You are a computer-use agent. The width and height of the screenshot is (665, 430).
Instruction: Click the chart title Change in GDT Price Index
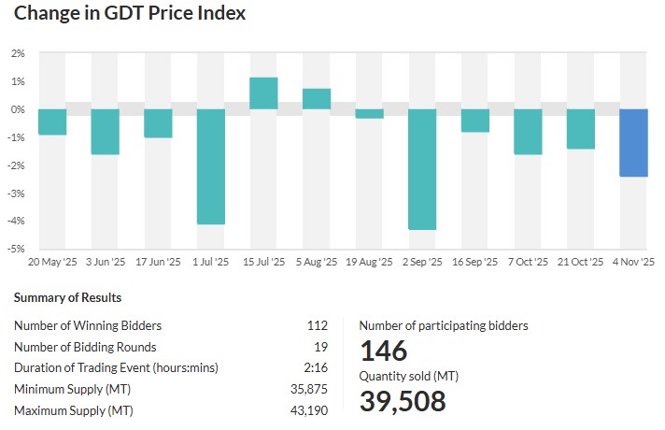click(130, 14)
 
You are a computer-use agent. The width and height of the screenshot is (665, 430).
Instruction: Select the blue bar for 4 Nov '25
click(634, 143)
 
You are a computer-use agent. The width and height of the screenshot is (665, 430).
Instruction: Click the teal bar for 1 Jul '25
click(211, 166)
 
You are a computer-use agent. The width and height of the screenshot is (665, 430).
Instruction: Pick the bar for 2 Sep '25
click(422, 169)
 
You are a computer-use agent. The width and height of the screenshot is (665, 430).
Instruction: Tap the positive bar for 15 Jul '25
click(263, 93)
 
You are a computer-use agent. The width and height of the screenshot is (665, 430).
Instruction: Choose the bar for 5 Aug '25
click(317, 99)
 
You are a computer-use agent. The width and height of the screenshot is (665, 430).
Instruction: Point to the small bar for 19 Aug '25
click(369, 114)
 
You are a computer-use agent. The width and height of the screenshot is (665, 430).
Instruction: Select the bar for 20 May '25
click(52, 122)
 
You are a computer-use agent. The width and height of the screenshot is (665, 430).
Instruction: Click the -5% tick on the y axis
click(17, 249)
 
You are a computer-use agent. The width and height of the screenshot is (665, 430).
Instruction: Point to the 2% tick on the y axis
click(18, 53)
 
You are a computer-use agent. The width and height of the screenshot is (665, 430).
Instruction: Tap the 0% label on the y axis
click(18, 109)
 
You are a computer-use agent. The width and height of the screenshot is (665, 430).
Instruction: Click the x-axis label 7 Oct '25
click(528, 264)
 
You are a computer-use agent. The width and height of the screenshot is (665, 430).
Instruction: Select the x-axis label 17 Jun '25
click(158, 264)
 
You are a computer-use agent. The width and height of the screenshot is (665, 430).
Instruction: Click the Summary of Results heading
click(67, 298)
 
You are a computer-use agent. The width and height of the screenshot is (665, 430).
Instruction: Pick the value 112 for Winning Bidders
click(318, 325)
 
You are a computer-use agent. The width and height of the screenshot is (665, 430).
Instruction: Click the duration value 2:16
click(317, 367)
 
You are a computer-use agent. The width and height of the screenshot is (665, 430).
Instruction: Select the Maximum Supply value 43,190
click(310, 410)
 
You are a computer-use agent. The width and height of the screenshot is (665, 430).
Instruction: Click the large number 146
click(384, 351)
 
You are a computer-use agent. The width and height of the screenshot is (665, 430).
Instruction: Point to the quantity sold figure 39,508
click(403, 400)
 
